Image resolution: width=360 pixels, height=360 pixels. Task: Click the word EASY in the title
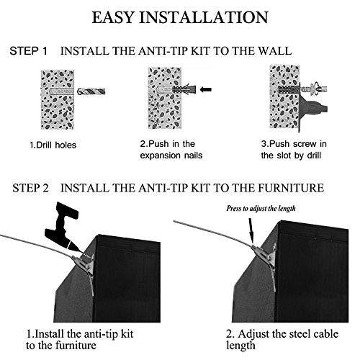point(113,17)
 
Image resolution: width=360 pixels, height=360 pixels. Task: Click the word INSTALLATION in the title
point(204,17)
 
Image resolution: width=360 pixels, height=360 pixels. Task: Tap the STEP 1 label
point(28,51)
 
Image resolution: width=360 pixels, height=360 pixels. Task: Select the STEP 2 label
point(30,188)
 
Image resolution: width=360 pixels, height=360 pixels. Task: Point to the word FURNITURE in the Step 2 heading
point(291,188)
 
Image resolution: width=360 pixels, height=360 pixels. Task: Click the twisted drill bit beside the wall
point(91,91)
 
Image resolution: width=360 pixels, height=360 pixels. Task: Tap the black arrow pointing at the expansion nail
point(206,89)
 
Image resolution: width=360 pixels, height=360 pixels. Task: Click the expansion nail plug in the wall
point(184,89)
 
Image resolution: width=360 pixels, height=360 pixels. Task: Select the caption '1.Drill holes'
point(53,145)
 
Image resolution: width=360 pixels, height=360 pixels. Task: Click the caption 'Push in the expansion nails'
point(171,150)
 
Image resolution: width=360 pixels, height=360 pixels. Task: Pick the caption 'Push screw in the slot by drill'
point(294,150)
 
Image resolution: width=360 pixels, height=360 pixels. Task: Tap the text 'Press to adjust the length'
point(261,208)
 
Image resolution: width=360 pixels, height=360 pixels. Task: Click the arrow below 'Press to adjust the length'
point(251,230)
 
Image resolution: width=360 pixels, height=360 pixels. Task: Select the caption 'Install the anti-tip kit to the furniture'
point(79,340)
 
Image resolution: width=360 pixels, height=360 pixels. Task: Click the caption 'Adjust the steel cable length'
point(282,340)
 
